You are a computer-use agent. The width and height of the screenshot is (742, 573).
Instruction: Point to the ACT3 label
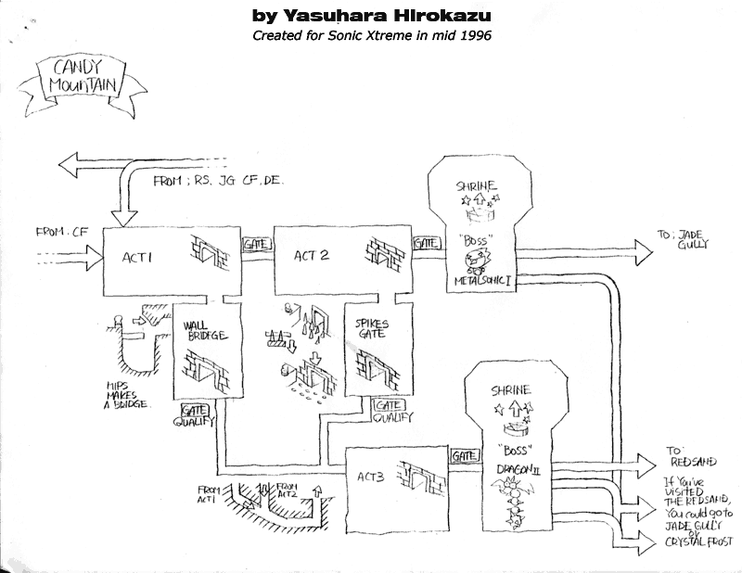click(371, 477)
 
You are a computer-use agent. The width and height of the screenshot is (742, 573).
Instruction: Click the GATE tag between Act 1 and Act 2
click(254, 243)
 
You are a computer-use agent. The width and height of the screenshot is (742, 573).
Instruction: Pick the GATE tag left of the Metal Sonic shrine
click(427, 243)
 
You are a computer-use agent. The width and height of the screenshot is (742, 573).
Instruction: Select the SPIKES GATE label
click(369, 331)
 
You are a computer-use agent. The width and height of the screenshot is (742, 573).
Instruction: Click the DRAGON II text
click(507, 474)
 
